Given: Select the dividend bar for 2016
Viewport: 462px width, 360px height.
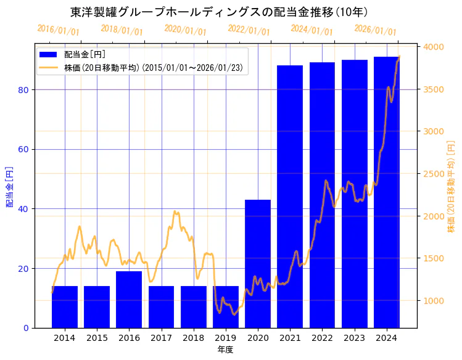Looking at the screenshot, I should tap(129, 300).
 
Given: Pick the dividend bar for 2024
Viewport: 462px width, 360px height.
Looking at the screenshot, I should tap(386, 192).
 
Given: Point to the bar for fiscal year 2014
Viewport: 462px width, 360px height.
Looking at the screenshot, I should tap(65, 307).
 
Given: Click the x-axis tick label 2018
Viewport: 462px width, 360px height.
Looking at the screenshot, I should tap(193, 338).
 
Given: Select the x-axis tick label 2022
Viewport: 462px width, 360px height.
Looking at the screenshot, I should tap(322, 338).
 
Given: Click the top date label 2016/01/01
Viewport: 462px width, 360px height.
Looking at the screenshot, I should tap(58, 30).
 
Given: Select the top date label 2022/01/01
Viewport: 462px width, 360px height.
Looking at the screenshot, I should tap(249, 30).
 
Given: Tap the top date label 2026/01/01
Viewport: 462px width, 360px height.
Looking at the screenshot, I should tap(375, 31).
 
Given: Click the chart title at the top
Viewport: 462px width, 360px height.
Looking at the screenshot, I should tap(219, 12).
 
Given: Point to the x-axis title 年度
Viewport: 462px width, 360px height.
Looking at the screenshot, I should tap(225, 350).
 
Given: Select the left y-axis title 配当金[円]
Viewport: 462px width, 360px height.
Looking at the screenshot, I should tap(9, 186).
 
